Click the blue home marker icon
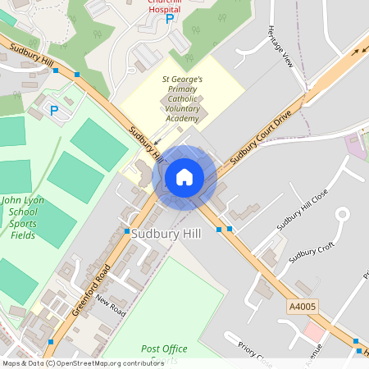[184, 177]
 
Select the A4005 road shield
[303, 305]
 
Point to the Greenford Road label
[90, 289]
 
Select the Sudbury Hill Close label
[303, 209]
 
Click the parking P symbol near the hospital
[171, 19]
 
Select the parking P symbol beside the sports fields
[54, 110]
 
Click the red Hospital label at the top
[164, 7]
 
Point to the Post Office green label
[164, 348]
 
